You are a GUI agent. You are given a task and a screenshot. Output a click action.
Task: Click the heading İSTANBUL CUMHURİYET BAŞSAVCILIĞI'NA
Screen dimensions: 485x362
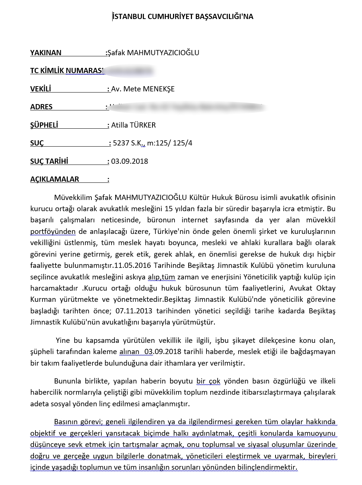(183, 16)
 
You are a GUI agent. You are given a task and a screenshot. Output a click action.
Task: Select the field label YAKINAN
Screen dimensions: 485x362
(45, 53)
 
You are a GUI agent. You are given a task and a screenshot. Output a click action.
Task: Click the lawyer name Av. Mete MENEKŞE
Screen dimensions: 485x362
(143, 89)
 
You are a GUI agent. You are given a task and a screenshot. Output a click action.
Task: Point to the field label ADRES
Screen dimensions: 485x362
(41, 107)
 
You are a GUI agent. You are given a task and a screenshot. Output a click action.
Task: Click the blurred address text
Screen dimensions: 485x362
(186, 107)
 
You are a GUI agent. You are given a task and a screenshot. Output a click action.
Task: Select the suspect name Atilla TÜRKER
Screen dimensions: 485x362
(133, 125)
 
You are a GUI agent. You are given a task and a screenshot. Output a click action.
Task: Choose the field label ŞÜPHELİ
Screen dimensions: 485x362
(44, 125)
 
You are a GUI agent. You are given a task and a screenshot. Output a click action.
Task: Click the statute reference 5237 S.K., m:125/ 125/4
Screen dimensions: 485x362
(152, 143)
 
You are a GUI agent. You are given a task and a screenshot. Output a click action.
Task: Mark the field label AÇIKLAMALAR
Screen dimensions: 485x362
(54, 179)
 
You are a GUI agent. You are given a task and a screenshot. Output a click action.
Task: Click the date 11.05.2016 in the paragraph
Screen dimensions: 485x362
(130, 265)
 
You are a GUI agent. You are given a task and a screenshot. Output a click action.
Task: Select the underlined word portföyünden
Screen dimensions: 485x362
(53, 231)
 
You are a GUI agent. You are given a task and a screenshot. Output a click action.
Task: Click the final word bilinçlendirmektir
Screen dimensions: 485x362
(267, 467)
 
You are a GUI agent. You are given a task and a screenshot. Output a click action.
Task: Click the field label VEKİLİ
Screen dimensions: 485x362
(40, 89)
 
